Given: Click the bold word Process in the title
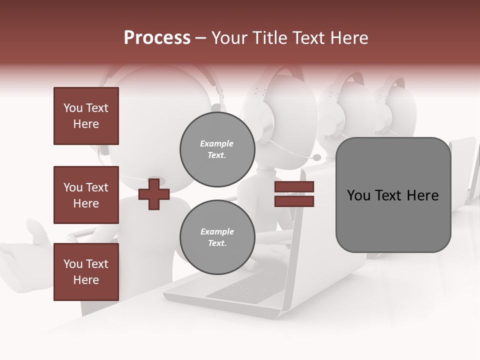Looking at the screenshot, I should (x=157, y=38).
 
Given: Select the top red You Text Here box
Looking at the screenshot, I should (x=86, y=116).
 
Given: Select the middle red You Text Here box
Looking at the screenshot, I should (x=86, y=195).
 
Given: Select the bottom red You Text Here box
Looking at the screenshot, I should (x=86, y=272).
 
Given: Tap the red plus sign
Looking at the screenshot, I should (x=153, y=194).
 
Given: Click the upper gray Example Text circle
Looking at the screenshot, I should (x=217, y=149).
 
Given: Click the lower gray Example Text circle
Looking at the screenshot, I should (x=217, y=237).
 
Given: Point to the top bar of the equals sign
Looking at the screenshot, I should (x=294, y=187).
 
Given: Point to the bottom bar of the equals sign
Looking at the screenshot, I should (x=294, y=201).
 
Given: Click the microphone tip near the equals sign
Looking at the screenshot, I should (x=316, y=157).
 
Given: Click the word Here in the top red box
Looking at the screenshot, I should (x=86, y=124).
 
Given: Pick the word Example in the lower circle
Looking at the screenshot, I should (x=217, y=231).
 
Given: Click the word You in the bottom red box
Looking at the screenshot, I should (x=73, y=264).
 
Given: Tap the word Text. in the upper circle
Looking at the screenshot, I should (x=217, y=155).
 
